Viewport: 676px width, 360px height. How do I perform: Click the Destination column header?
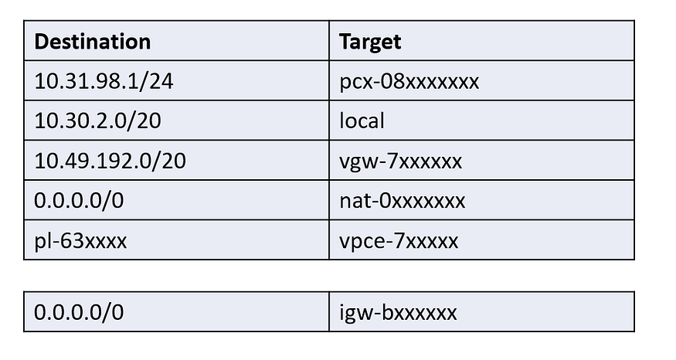[x=92, y=42]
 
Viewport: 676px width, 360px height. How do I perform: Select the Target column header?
[x=370, y=42]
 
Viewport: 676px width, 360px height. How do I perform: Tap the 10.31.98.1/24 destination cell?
[x=104, y=81]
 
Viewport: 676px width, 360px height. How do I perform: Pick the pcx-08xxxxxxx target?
[x=409, y=81]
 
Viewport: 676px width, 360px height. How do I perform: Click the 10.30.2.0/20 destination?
[x=97, y=121]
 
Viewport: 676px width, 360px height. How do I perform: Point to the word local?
[x=362, y=121]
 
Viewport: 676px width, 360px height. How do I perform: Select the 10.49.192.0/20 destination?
[x=110, y=161]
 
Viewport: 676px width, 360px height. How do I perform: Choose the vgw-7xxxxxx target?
[x=400, y=161]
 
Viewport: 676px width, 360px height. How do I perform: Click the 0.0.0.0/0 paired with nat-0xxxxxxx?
[x=79, y=201]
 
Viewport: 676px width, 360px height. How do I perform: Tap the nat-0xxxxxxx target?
[x=403, y=201]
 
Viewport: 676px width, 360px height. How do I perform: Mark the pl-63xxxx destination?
[x=80, y=241]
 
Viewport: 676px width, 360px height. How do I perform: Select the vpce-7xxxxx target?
[x=399, y=241]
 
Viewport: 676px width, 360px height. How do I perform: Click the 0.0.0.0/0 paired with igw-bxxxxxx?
[x=79, y=312]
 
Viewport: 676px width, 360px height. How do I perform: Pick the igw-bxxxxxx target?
[x=398, y=313]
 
